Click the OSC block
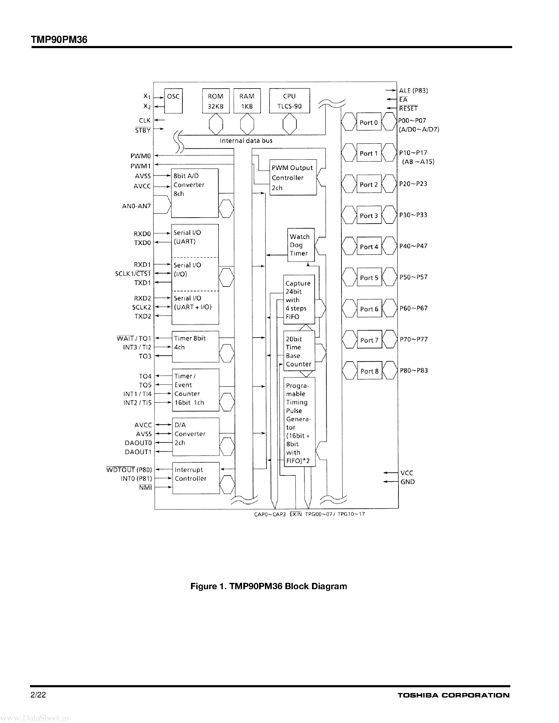tap(173, 101)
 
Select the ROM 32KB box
tap(216, 101)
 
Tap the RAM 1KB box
tap(247, 101)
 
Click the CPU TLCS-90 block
tap(289, 101)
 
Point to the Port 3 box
tap(369, 216)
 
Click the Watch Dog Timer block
tap(301, 245)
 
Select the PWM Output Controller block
tap(293, 178)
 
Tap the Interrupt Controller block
tap(196, 478)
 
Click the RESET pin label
tap(408, 109)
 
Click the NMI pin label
tap(145, 487)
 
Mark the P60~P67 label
tap(413, 308)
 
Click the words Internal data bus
tap(246, 141)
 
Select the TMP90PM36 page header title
tap(59, 40)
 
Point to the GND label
tap(407, 482)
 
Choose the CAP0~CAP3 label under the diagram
tap(270, 514)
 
